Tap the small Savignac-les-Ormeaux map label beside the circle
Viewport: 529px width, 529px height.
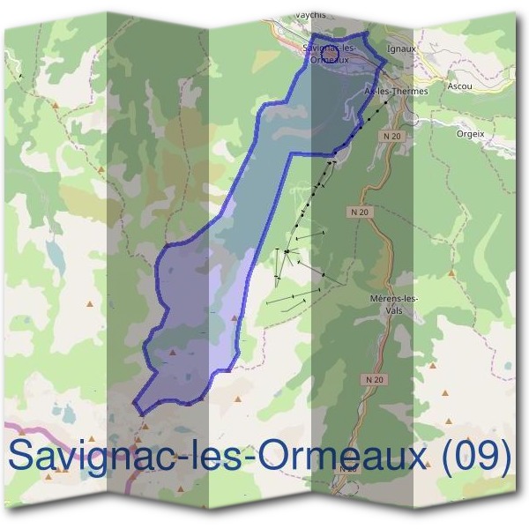pyautogui.click(x=329, y=53)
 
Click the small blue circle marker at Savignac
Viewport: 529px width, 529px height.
pyautogui.click(x=331, y=55)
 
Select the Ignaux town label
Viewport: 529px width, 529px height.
pyautogui.click(x=401, y=50)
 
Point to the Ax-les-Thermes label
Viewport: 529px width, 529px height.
pyautogui.click(x=396, y=91)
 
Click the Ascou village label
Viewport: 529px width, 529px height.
pyautogui.click(x=459, y=86)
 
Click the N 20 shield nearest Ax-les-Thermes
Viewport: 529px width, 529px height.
pyautogui.click(x=392, y=137)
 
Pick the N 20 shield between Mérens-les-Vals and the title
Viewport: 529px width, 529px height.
pyautogui.click(x=374, y=378)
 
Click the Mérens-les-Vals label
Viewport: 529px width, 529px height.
pyautogui.click(x=395, y=304)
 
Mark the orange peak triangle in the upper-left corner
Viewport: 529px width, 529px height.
pyautogui.click(x=56, y=105)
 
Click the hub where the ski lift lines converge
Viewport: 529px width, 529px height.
pyautogui.click(x=287, y=252)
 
